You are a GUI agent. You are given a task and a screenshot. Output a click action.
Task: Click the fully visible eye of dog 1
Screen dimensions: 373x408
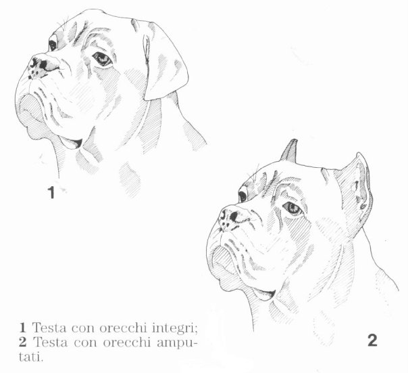101,60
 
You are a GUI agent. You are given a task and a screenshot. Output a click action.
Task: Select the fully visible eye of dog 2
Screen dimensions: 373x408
292,208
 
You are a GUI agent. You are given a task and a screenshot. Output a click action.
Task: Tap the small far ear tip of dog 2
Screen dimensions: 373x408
290,150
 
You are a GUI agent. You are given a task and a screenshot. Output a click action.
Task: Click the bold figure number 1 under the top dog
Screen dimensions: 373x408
51,192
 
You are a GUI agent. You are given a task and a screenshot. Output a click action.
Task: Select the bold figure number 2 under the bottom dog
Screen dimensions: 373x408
372,340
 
